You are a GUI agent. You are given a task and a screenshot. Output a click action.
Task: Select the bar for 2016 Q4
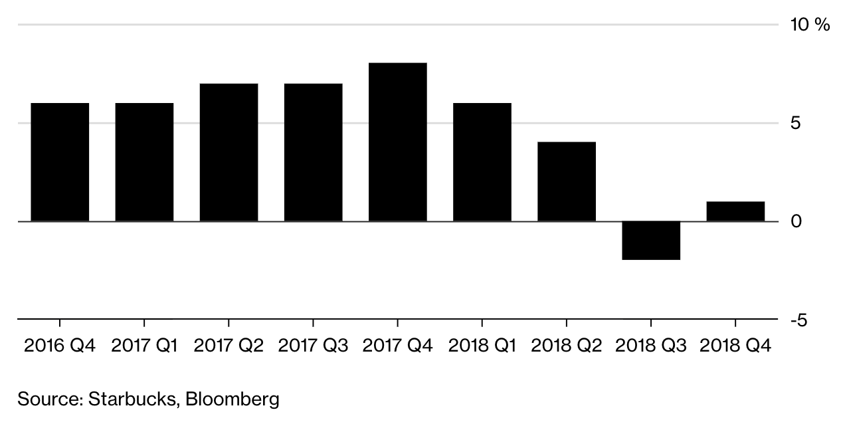[60, 162]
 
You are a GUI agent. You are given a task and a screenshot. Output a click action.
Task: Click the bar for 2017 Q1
[144, 162]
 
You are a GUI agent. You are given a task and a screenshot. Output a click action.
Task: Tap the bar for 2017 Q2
[229, 152]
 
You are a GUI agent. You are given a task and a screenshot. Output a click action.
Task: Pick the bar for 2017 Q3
[313, 152]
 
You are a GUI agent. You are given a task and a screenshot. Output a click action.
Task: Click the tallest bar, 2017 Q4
[397, 142]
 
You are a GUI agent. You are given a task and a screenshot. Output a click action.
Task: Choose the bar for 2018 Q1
[482, 162]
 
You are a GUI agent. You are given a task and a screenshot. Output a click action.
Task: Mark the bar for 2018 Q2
[566, 181]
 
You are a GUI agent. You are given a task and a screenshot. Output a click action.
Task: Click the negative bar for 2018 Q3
[650, 240]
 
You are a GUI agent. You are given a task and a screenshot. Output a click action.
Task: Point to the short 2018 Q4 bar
[735, 211]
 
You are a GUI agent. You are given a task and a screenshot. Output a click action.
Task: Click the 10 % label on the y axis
[810, 25]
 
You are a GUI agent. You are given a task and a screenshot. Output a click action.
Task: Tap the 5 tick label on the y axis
[795, 124]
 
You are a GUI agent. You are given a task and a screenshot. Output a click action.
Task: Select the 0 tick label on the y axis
[795, 221]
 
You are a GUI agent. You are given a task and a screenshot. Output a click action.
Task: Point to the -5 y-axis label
[798, 320]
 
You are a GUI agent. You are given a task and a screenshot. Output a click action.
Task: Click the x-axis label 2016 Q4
[60, 346]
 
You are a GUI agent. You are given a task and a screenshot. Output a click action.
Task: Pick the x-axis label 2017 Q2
[229, 346]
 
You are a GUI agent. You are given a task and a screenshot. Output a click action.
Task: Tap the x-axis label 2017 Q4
[397, 346]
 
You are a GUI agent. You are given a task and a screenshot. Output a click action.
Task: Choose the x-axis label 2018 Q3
[650, 346]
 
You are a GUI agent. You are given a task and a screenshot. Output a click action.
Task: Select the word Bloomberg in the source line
[233, 399]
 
